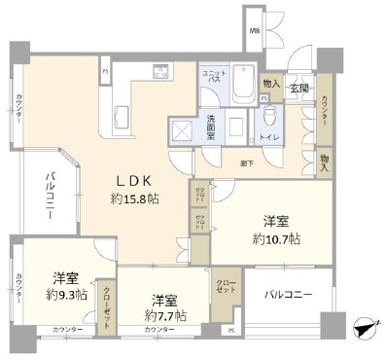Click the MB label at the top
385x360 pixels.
click(254, 31)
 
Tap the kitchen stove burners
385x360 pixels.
click(161, 72)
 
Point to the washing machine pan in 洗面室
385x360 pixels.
click(182, 131)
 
